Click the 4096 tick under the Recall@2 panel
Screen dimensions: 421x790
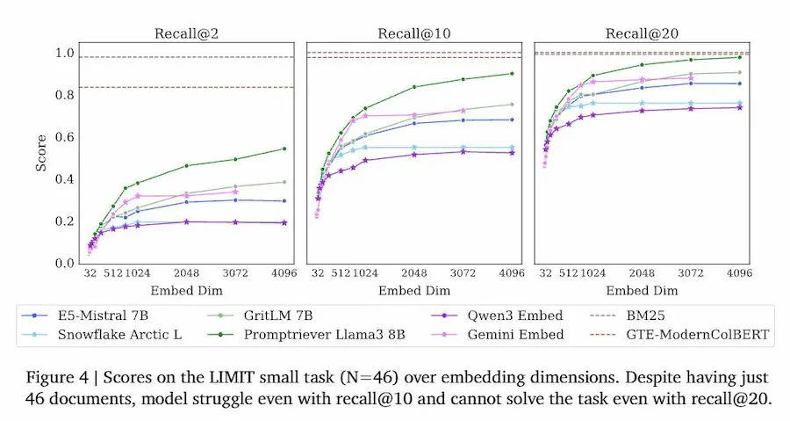point(284,273)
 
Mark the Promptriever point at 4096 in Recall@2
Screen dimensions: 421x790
point(284,149)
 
